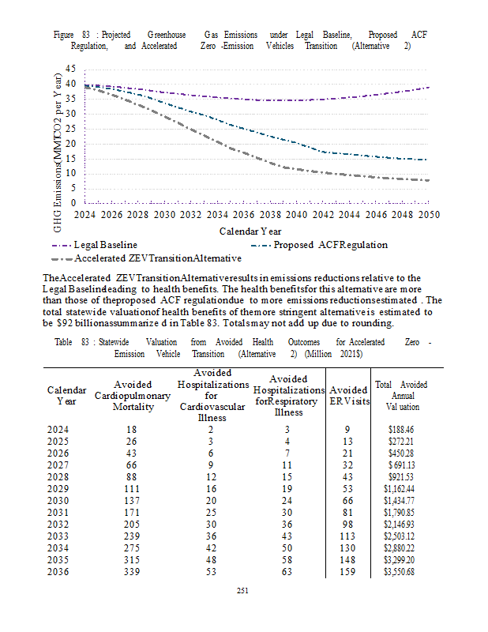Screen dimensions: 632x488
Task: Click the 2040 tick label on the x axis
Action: coord(296,215)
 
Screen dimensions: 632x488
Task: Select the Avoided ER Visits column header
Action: coord(348,395)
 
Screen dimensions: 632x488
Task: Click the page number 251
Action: coord(243,589)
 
